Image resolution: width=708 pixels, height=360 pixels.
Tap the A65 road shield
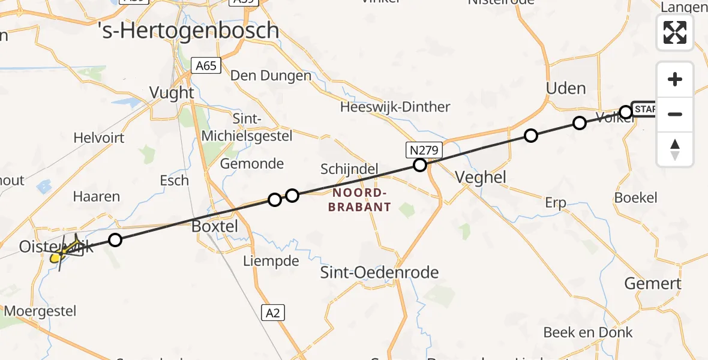[x=206, y=65]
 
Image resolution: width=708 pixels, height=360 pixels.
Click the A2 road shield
[x=273, y=312]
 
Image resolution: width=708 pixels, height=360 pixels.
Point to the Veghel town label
[x=481, y=177]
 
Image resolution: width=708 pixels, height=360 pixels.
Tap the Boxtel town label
[x=214, y=227]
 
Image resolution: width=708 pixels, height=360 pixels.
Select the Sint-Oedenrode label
[x=380, y=272]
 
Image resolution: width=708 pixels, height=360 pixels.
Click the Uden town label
[x=565, y=88]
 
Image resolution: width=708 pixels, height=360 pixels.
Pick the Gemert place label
[x=653, y=283]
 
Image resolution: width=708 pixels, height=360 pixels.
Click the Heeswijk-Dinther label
[x=395, y=107]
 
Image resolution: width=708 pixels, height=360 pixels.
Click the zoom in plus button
[x=675, y=79]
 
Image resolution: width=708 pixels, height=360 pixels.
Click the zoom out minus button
[x=675, y=114]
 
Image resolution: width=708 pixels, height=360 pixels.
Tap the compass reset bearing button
[x=675, y=149]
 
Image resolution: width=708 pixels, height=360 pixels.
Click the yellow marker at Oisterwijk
[x=55, y=258]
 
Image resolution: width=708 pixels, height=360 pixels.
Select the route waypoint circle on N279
[x=420, y=165]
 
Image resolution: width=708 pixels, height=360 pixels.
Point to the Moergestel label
[x=40, y=311]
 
